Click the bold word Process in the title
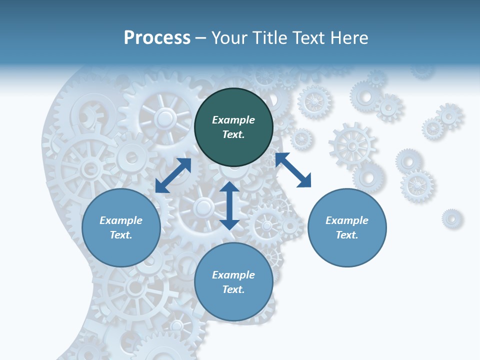pyautogui.click(x=157, y=38)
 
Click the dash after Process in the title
pyautogui.click(x=201, y=38)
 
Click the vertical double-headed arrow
pyautogui.click(x=229, y=205)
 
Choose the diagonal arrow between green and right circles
pyautogui.click(x=293, y=170)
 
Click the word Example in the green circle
pyautogui.click(x=233, y=120)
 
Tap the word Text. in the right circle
pyautogui.click(x=347, y=235)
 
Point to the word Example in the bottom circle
pyautogui.click(x=233, y=275)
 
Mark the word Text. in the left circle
pyautogui.click(x=121, y=235)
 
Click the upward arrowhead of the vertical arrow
pyautogui.click(x=229, y=187)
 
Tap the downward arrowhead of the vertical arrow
pyautogui.click(x=229, y=224)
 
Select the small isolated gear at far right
pyautogui.click(x=452, y=218)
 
